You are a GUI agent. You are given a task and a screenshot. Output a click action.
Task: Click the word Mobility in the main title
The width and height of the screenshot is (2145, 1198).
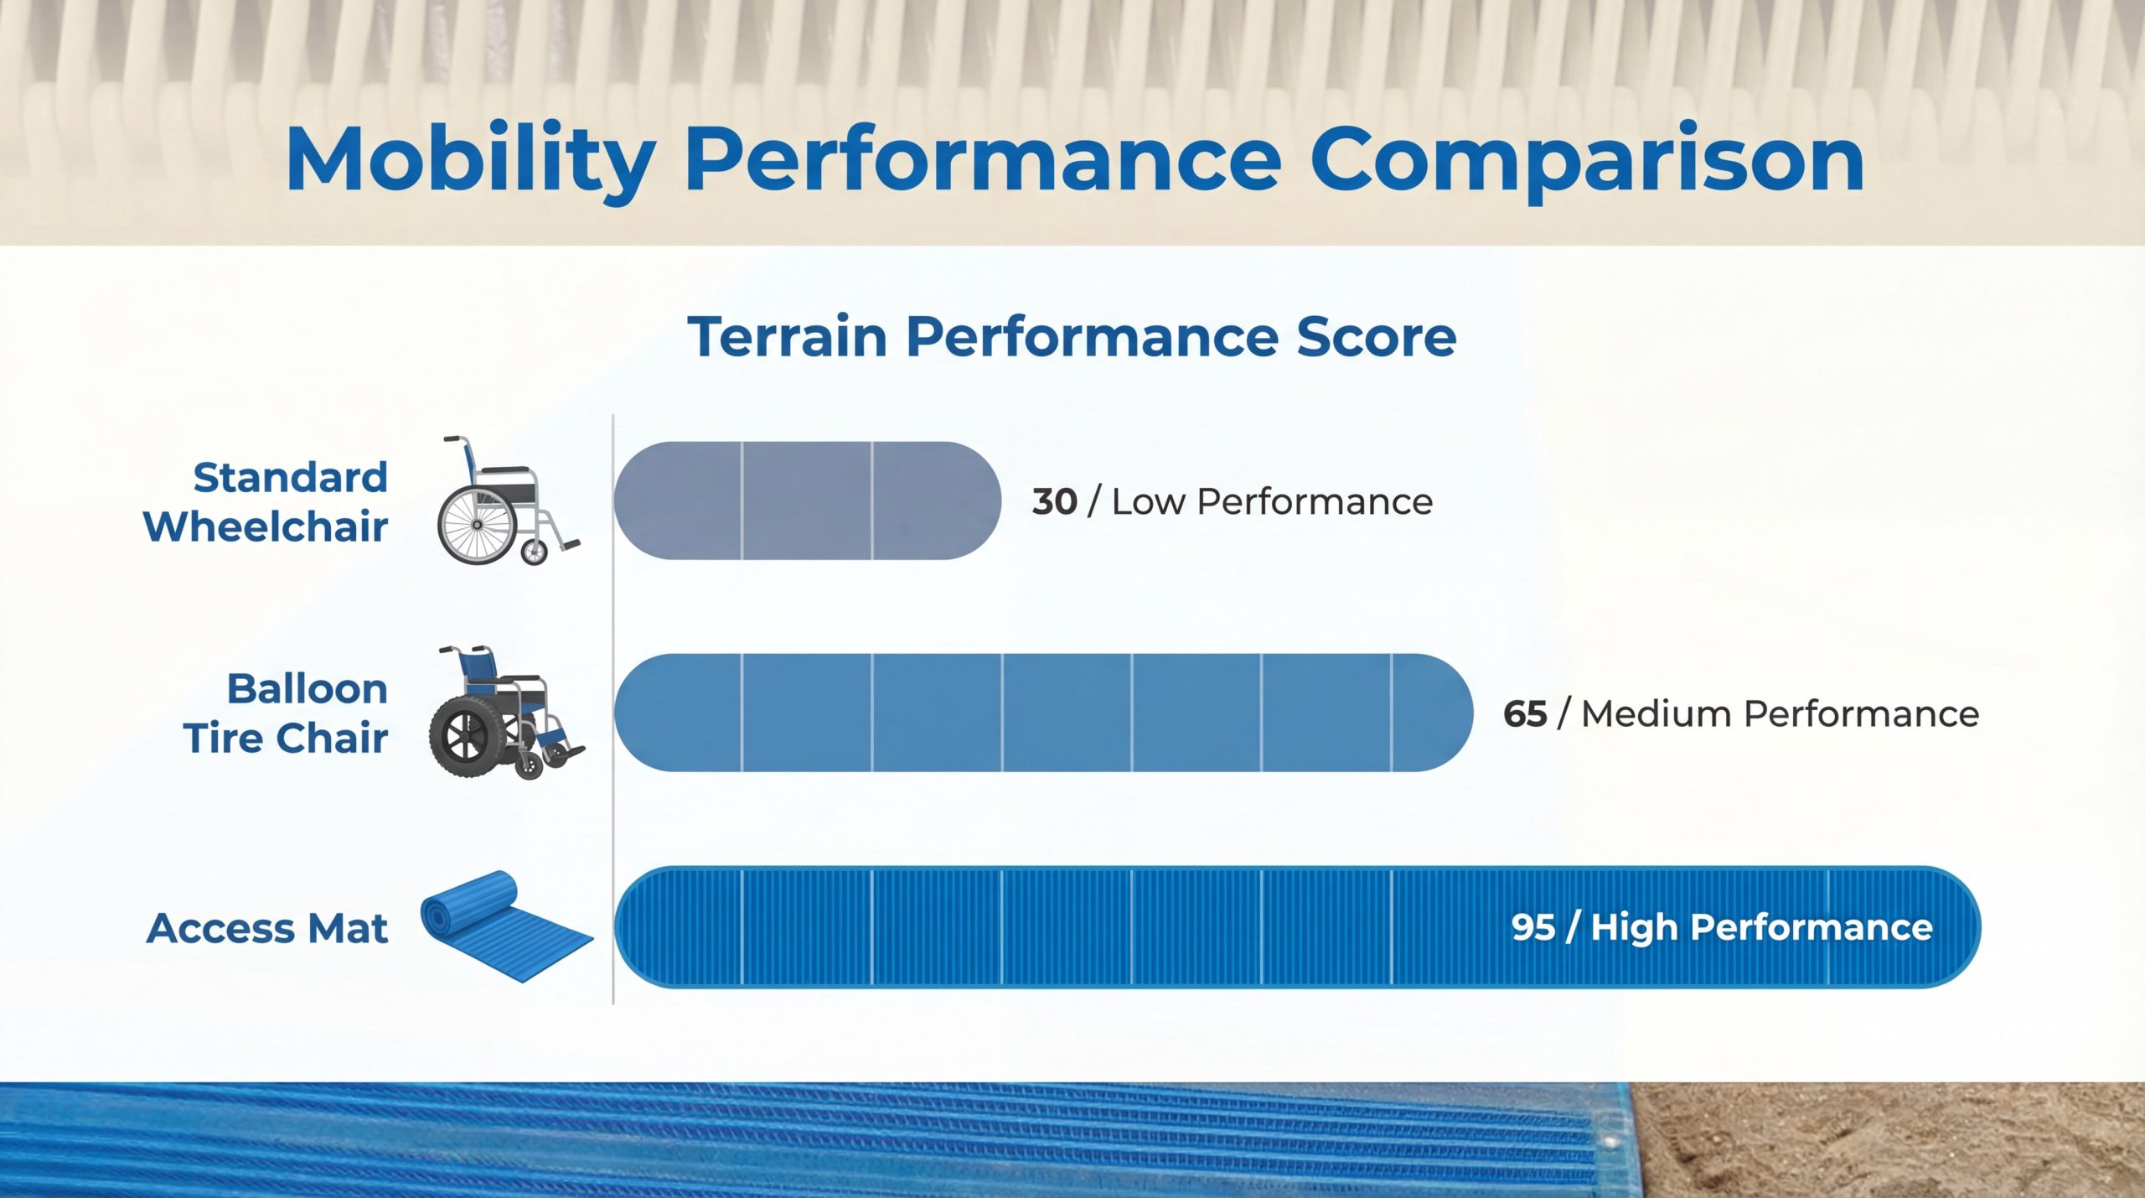click(x=470, y=161)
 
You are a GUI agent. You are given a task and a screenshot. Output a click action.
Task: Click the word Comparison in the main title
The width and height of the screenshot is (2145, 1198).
click(x=1587, y=161)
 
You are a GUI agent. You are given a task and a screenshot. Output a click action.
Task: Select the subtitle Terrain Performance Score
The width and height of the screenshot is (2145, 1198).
click(x=1072, y=337)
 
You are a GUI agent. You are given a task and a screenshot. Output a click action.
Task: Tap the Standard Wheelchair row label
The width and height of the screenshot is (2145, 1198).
click(x=266, y=502)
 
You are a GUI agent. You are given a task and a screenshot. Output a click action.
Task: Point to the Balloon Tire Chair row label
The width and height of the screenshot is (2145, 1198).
click(x=286, y=713)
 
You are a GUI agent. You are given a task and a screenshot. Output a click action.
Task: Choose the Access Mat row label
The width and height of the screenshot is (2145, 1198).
click(x=267, y=928)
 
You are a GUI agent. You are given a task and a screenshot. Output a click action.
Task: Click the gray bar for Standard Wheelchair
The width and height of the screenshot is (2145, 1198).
click(x=807, y=500)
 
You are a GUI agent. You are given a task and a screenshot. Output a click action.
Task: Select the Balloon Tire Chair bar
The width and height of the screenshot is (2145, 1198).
click(x=1043, y=713)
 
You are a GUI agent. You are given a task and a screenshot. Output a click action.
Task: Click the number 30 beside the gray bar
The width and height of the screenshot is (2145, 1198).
click(x=1054, y=501)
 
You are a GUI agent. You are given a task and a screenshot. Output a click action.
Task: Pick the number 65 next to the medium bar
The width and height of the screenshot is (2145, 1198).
click(x=1525, y=714)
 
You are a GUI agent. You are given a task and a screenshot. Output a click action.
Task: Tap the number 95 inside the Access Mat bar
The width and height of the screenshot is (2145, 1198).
click(x=1533, y=927)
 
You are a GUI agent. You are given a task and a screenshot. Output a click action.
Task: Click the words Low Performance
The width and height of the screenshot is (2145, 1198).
click(x=1272, y=501)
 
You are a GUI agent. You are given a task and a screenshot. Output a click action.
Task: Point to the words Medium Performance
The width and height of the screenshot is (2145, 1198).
click(x=1780, y=714)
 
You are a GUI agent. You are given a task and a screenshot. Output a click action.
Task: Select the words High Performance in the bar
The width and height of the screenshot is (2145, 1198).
click(x=1761, y=927)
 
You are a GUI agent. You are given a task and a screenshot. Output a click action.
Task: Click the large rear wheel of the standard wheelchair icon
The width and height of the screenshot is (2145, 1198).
click(x=477, y=526)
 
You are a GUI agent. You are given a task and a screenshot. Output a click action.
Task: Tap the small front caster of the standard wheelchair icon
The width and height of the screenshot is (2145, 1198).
click(x=534, y=552)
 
